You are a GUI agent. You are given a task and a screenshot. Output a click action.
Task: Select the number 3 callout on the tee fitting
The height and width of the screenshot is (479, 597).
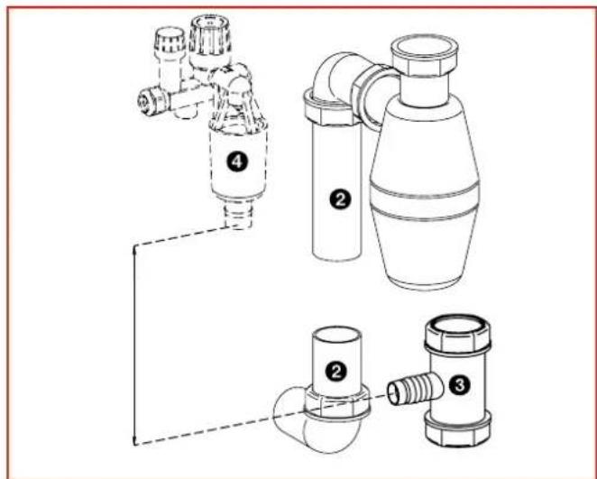pos(458,384)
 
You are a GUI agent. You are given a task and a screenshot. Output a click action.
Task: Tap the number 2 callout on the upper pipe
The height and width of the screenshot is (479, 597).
pos(338,202)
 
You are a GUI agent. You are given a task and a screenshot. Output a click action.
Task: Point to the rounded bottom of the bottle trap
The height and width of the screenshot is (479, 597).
pos(421,266)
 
